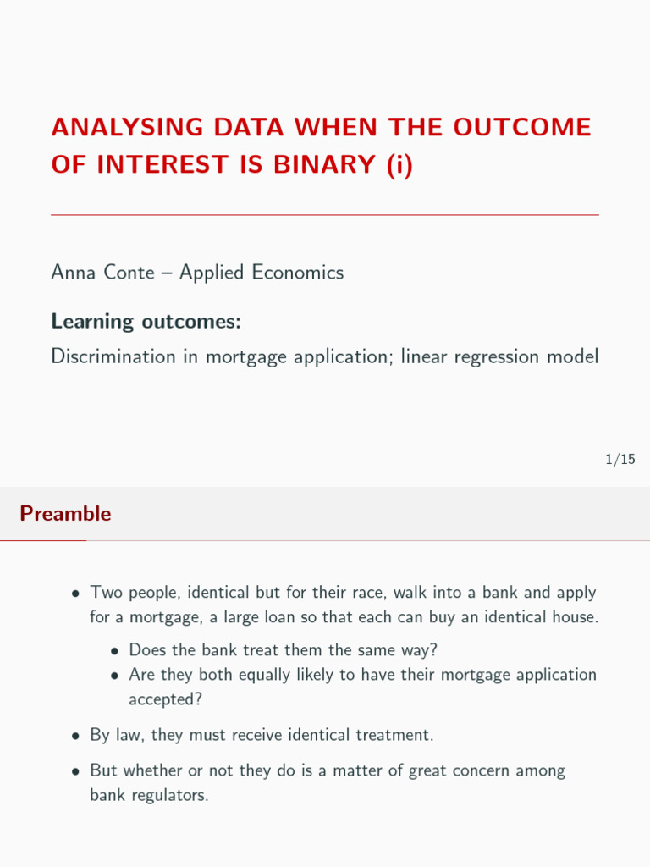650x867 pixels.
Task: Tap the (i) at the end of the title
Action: [398, 164]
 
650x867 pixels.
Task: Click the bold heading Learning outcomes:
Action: [146, 322]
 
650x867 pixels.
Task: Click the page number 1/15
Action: [620, 460]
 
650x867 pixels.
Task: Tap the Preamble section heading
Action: [65, 514]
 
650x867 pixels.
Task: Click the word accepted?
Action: [159, 699]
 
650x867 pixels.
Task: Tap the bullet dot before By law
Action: [76, 736]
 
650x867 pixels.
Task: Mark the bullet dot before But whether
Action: [76, 772]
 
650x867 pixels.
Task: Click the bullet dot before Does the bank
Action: [115, 651]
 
